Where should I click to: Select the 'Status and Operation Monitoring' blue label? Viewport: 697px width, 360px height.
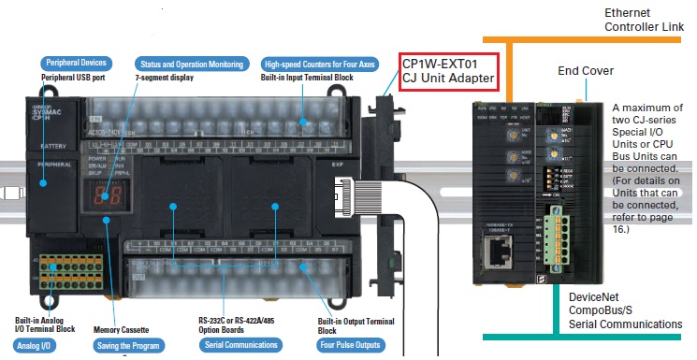pos(191,63)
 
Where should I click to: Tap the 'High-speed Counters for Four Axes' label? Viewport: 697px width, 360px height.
pos(320,63)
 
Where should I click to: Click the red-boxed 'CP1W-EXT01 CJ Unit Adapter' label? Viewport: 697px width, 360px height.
pos(447,70)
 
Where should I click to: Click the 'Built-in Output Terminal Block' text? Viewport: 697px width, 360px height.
pos(356,324)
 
